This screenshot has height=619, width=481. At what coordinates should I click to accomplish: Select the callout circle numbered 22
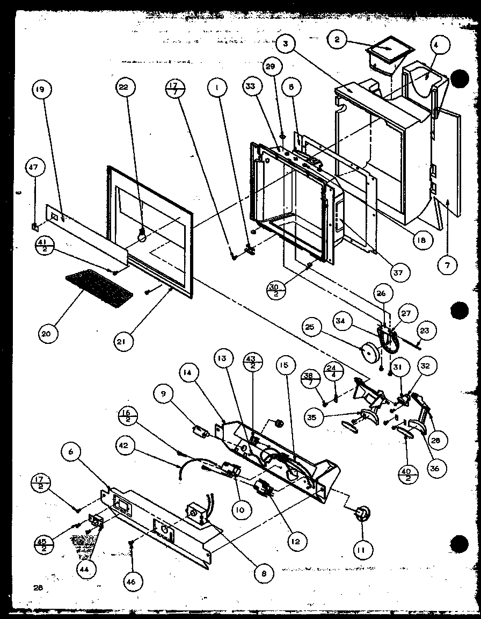pyautogui.click(x=127, y=89)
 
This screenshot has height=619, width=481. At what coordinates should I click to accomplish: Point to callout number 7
pyautogui.click(x=448, y=264)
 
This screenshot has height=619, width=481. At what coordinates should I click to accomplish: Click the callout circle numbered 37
pyautogui.click(x=397, y=273)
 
